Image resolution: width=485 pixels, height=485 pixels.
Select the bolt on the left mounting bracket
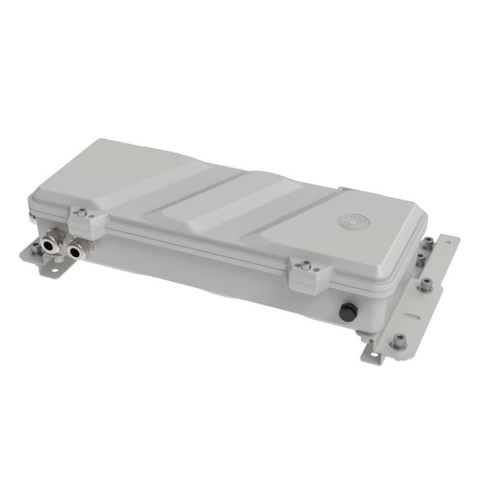[36, 249]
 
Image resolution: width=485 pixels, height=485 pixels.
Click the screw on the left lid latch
[82, 212]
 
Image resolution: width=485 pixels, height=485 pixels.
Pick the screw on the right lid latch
[306, 266]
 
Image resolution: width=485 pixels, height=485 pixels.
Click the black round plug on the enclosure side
[347, 313]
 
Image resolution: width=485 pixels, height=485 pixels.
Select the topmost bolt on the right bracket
[427, 243]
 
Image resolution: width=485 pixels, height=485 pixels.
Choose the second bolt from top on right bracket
[420, 261]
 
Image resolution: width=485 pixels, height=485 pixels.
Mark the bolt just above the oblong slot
[426, 284]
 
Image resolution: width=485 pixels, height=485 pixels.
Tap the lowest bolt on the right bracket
[399, 341]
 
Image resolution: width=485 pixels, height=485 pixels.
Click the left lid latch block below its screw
[85, 227]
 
